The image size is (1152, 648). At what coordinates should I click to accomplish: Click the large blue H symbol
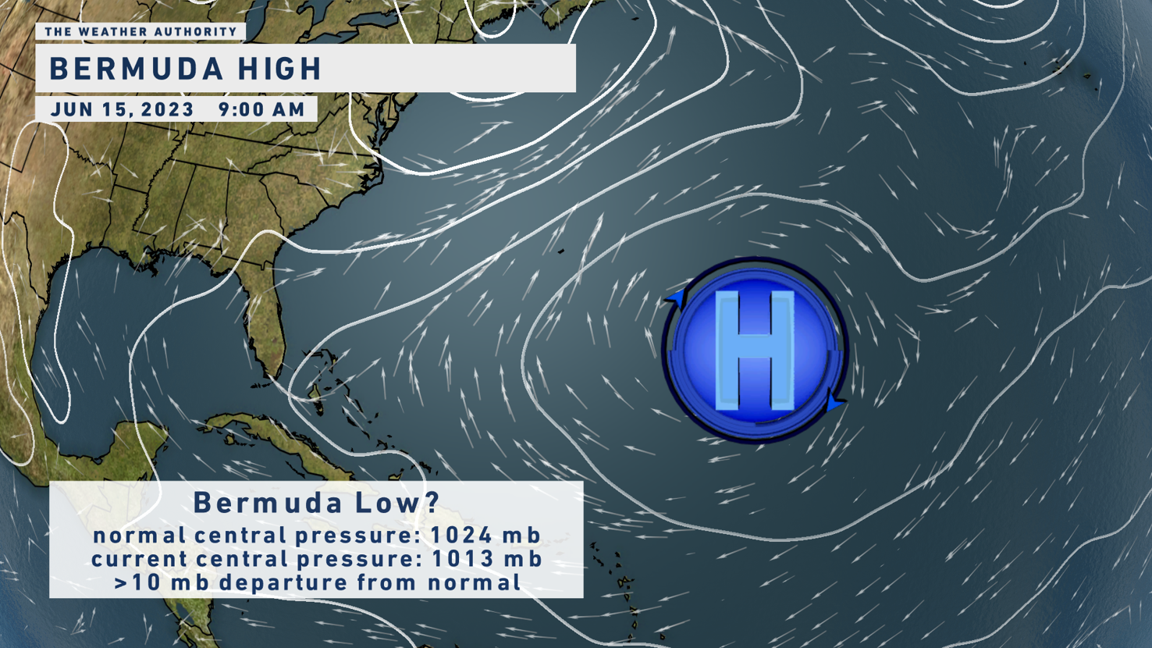click(755, 350)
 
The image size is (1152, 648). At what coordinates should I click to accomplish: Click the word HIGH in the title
click(280, 69)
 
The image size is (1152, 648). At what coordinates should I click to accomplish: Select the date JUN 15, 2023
click(123, 109)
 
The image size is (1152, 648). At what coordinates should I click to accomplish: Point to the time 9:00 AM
click(262, 109)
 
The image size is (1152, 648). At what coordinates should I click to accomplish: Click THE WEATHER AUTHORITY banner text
click(140, 32)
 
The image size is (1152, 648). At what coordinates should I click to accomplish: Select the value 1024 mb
click(485, 536)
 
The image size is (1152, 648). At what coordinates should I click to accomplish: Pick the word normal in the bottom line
click(474, 583)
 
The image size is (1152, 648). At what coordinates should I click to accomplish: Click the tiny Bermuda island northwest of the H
click(560, 251)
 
